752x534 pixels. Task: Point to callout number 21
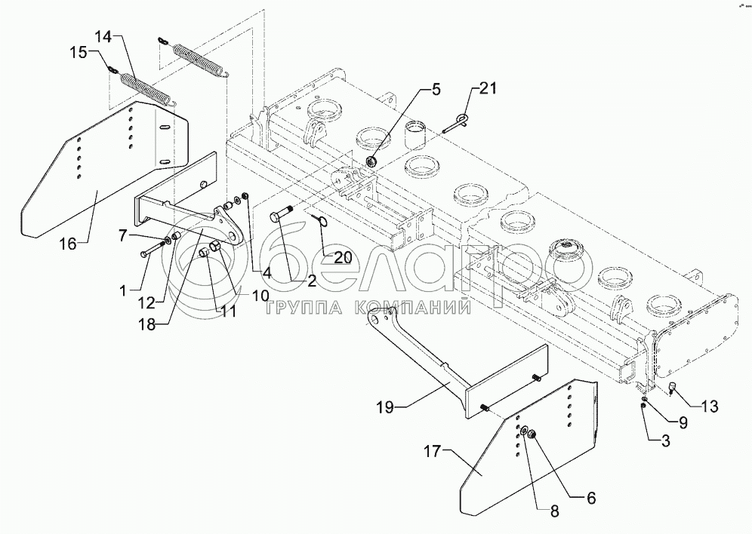pos(488,91)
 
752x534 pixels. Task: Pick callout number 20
pos(343,256)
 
